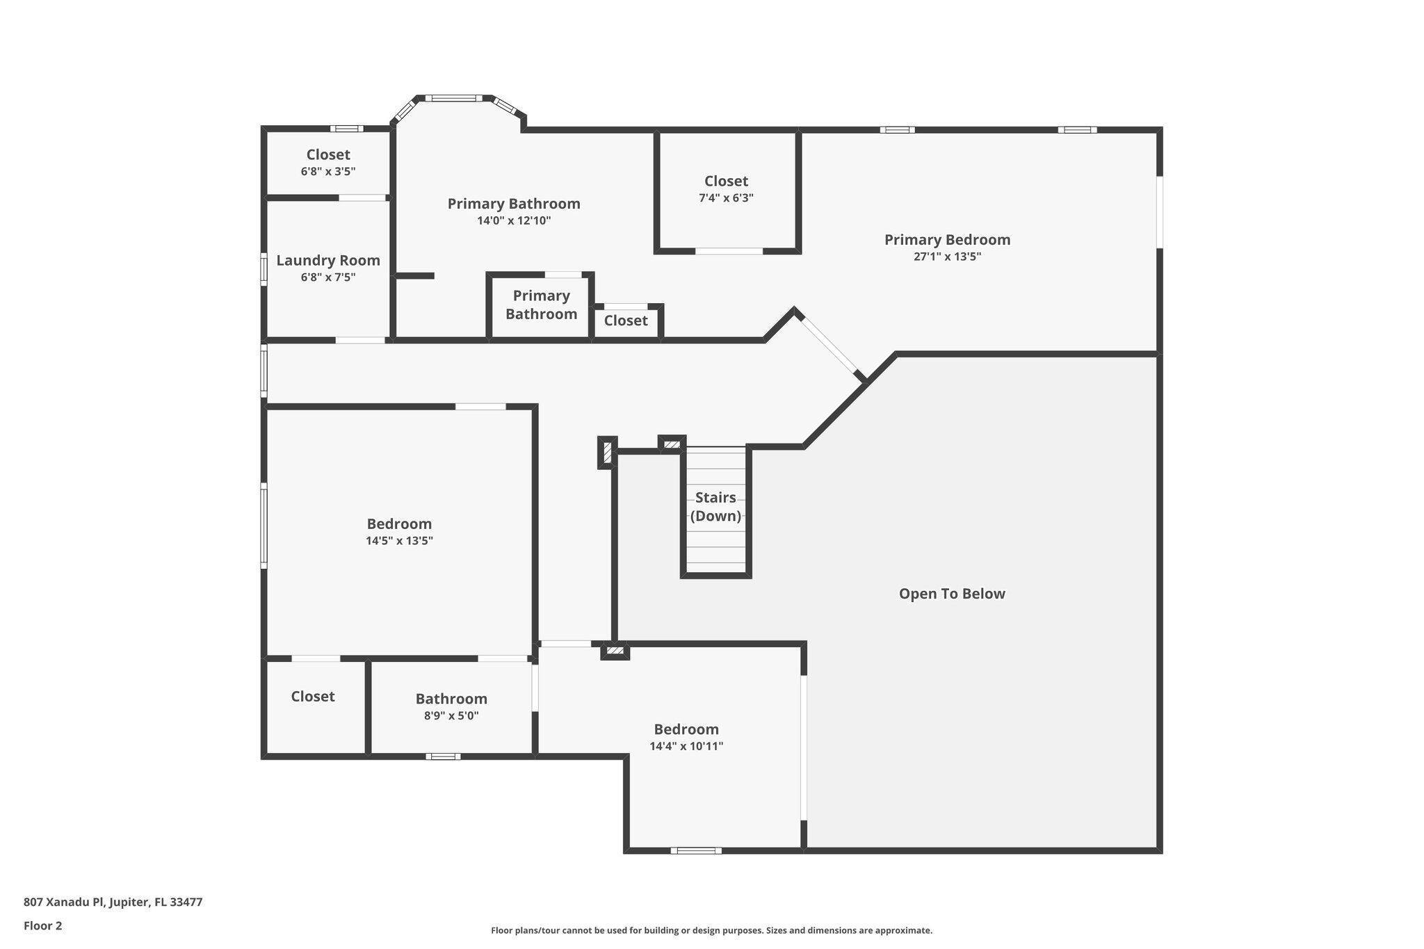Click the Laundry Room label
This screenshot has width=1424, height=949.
coord(328,260)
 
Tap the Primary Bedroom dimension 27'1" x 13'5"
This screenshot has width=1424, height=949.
coord(947,257)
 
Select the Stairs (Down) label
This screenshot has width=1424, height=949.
coord(715,507)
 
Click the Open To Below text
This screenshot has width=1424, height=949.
coord(952,594)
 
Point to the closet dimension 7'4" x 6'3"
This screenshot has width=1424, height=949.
coord(726,198)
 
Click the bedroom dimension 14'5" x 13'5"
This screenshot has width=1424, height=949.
coord(399,541)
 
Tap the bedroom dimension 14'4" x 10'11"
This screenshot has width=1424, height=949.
coord(686,747)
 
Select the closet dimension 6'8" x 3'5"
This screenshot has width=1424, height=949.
coord(328,172)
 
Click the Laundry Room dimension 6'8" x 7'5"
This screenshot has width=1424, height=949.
coord(328,277)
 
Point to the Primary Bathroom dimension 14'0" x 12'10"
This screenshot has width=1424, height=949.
coord(514,221)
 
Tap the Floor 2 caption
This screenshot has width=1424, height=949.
coord(42,926)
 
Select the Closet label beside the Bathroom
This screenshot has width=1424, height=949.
coord(313,697)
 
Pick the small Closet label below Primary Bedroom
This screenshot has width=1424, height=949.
coord(626,321)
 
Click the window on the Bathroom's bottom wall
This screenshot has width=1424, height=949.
coord(443,756)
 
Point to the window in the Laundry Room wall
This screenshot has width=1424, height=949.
coord(264,269)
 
